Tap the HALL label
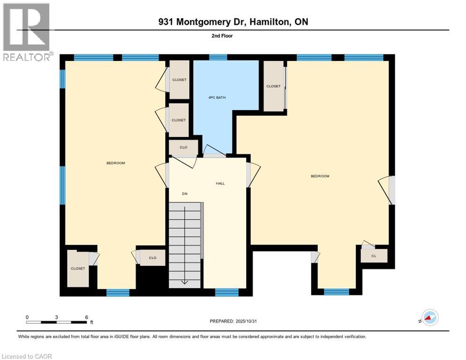220,183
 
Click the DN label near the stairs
185,194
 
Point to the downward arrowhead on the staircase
185,282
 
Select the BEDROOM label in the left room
115,163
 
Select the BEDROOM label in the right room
320,176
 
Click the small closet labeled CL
374,256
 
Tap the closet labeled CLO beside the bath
183,147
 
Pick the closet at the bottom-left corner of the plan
78,269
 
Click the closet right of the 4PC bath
273,86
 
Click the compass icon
429,317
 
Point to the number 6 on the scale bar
87,317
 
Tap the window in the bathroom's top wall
218,58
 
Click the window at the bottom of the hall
226,292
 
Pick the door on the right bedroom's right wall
391,189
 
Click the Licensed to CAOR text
26,356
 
